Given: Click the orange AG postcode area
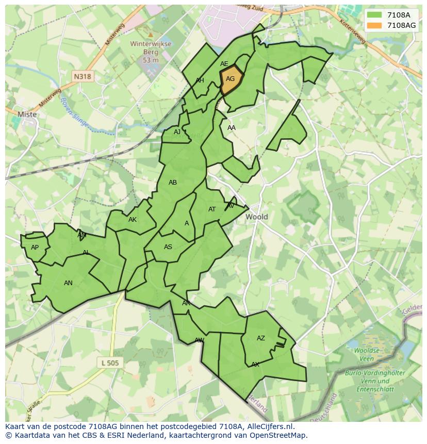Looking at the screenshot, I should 231,80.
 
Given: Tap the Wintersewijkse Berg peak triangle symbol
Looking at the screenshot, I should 150,35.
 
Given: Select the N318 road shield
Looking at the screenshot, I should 82,76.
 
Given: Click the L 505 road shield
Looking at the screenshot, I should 110,363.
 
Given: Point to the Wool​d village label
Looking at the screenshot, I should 256,217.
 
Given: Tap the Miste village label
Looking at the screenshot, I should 27,114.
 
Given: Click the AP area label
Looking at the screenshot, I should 35,248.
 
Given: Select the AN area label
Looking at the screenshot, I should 68,283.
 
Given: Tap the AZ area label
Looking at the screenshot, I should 261,338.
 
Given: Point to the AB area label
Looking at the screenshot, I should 173,183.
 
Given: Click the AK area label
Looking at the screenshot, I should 133,220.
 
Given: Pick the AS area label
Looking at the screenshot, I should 168,247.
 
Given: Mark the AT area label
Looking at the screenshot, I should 212,209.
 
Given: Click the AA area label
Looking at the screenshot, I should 232,128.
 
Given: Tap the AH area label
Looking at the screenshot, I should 200,80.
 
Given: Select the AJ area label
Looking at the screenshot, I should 177,132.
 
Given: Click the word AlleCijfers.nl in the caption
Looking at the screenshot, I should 268,426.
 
